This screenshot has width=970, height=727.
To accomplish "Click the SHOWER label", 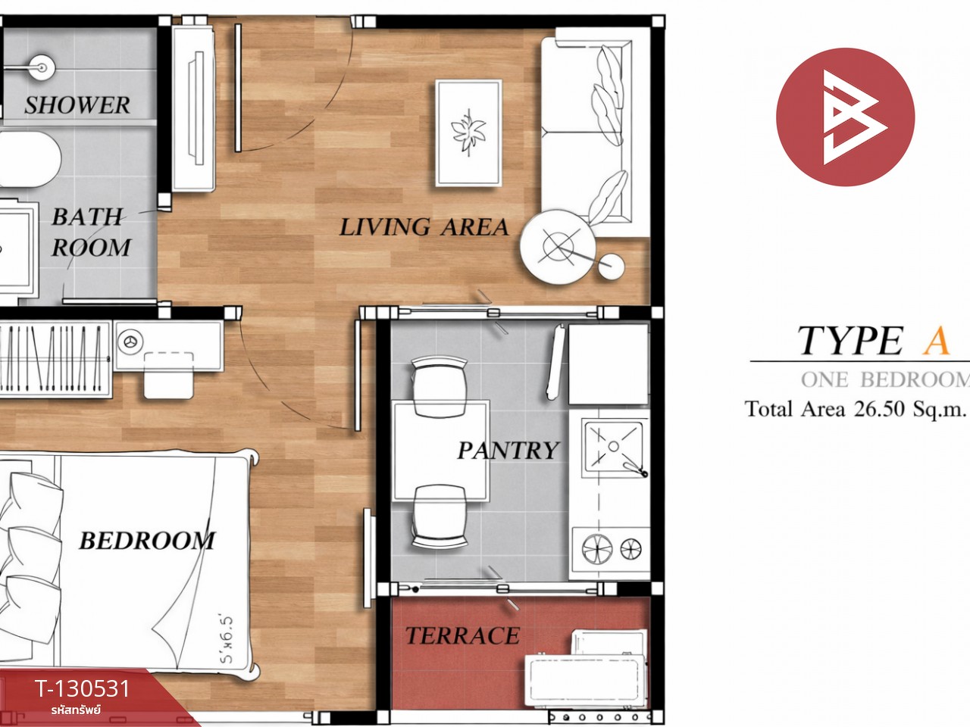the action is click(77, 105).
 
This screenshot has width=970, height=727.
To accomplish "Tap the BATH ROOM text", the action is click(91, 232).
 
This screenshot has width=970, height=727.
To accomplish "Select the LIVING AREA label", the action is click(424, 227).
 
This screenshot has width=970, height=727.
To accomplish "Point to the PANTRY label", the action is click(508, 451).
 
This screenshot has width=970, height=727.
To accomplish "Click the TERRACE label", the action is click(462, 635).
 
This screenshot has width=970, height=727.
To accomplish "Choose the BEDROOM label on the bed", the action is click(147, 540).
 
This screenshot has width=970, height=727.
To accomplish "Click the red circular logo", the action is click(846, 117).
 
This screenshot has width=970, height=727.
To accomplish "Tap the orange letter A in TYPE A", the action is click(936, 340).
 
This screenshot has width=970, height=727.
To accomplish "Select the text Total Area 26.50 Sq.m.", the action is click(855, 409).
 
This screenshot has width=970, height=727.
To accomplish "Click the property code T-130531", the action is click(82, 688).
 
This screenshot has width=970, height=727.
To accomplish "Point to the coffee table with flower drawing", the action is click(468, 133).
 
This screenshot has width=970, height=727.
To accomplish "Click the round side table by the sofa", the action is click(558, 247).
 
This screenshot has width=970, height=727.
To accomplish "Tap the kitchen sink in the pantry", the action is click(613, 447).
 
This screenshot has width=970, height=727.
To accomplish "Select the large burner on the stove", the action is click(597, 549).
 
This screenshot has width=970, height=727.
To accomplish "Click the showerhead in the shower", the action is click(42, 67).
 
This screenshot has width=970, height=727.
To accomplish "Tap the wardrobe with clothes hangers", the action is click(55, 358).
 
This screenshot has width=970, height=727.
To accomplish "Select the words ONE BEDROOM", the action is click(885, 379).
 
